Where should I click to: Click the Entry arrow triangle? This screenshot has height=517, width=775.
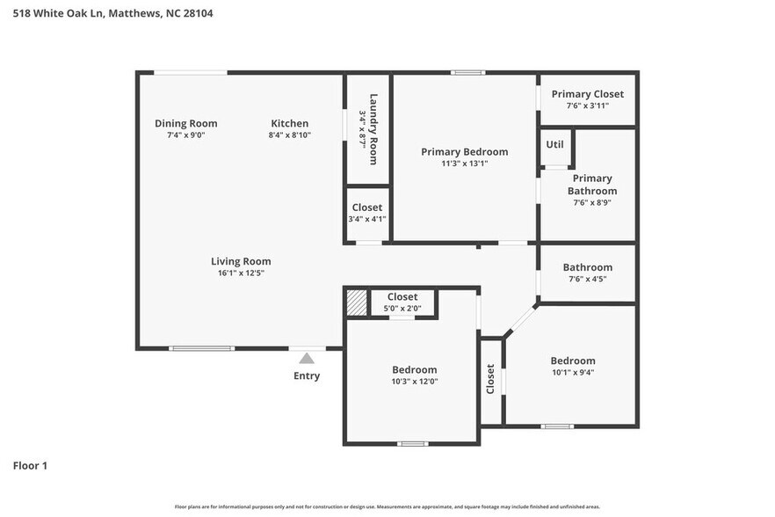pos(307,358)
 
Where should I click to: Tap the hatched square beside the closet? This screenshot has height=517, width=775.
pos(355,302)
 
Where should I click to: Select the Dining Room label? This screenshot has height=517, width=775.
pos(185,123)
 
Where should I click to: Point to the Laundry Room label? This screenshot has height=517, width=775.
pos(373,128)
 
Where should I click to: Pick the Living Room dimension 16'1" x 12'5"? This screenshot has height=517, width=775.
pos(241,273)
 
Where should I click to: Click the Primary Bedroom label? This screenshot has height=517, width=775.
pos(464,151)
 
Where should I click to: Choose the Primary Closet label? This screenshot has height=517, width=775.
pos(587,94)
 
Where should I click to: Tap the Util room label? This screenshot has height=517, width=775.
pos(555,145)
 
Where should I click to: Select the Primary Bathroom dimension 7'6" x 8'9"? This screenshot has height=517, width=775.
pos(591,202)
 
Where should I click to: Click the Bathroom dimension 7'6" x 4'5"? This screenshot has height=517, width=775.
pos(587,280)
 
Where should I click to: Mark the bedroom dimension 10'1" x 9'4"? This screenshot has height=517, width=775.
pos(572,373)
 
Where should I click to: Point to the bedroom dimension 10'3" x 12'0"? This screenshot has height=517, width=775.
pos(414,382)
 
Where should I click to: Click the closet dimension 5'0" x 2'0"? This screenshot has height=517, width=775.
pos(402,309)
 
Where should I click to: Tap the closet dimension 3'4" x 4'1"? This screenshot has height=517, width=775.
pos(366,220)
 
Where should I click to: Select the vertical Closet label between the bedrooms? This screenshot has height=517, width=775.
pos(490,379)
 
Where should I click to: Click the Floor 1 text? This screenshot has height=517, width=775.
pos(30,465)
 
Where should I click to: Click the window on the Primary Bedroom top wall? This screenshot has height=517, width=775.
pos(468,72)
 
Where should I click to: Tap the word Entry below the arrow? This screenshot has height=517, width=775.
pos(307,376)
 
